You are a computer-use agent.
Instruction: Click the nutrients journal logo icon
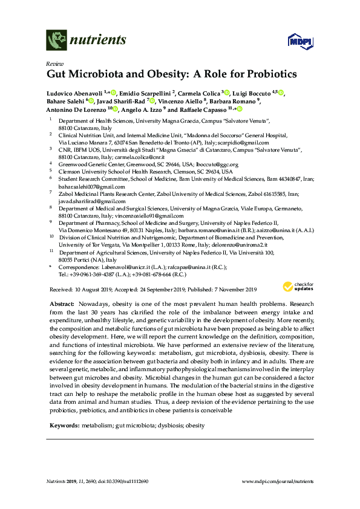coord(56,41)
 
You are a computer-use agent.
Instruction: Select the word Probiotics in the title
coord(264,76)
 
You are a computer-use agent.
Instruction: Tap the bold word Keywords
coord(64,426)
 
